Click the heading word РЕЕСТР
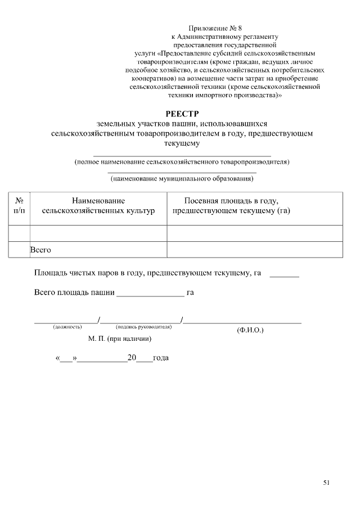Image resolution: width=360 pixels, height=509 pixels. click(x=182, y=112)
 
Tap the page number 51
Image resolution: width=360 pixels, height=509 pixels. click(x=327, y=482)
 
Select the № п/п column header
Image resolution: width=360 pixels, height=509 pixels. click(x=19, y=205)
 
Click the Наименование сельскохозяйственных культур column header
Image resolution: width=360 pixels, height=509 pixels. click(x=98, y=205)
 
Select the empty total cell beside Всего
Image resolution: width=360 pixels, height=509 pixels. click(x=254, y=249)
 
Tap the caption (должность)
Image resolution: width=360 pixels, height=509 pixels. click(x=67, y=327)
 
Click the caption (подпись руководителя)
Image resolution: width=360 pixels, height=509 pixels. click(x=143, y=327)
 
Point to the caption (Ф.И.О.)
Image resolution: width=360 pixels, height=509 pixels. click(x=250, y=330)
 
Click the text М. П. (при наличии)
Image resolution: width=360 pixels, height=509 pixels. click(x=120, y=339)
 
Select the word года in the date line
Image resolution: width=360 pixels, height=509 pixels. click(x=161, y=358)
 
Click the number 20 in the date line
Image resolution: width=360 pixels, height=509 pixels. click(x=132, y=358)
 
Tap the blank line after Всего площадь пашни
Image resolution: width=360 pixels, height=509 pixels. click(x=150, y=294)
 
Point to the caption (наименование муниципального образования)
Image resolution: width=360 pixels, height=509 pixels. click(x=182, y=179)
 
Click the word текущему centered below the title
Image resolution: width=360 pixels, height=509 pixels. click(x=182, y=143)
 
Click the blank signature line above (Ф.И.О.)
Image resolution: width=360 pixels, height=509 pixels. click(x=242, y=322)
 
